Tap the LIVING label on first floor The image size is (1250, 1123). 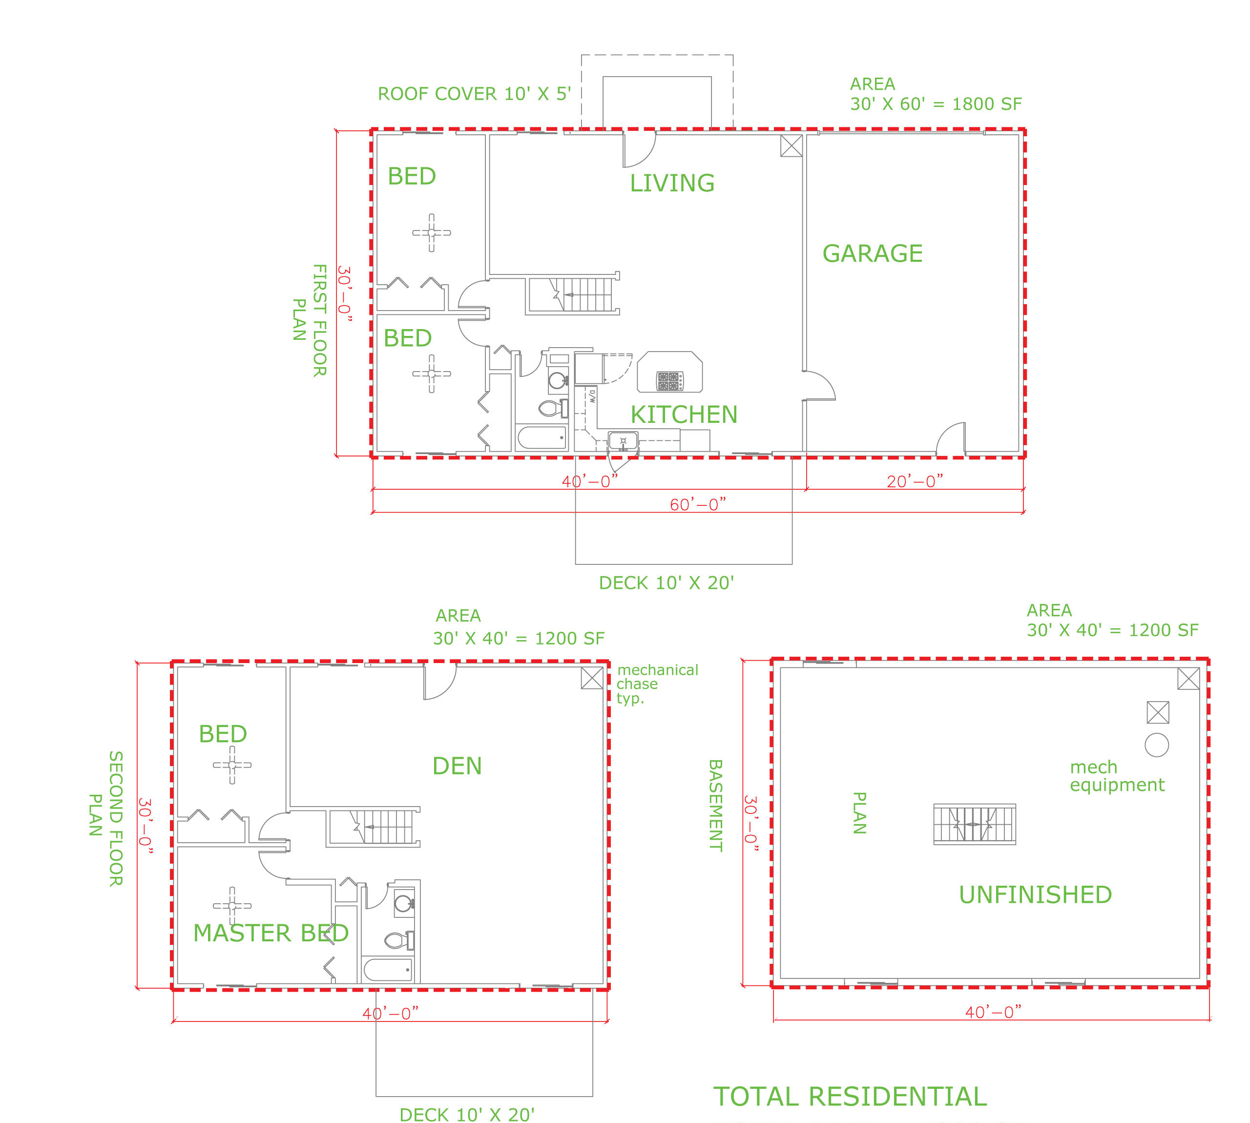coord(671,183)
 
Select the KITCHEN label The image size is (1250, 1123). coord(683,415)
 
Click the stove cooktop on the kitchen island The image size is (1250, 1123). coord(669,381)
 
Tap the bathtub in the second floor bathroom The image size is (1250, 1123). coord(388,969)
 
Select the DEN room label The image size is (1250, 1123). coord(457,766)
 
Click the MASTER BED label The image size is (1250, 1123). coord(271,933)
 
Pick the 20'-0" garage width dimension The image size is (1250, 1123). coord(915,481)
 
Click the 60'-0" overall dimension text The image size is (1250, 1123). coord(697,505)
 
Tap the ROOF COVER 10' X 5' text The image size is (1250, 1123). coord(474,94)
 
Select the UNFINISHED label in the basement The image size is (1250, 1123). coord(1035,894)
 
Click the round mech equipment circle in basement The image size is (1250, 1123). coord(1156,745)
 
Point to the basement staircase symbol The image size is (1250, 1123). coord(974,824)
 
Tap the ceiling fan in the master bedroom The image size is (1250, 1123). coord(232,906)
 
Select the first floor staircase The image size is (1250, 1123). coord(573,295)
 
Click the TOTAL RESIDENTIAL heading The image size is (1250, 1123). coord(850,1097)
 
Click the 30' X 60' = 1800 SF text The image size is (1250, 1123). coord(936,104)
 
